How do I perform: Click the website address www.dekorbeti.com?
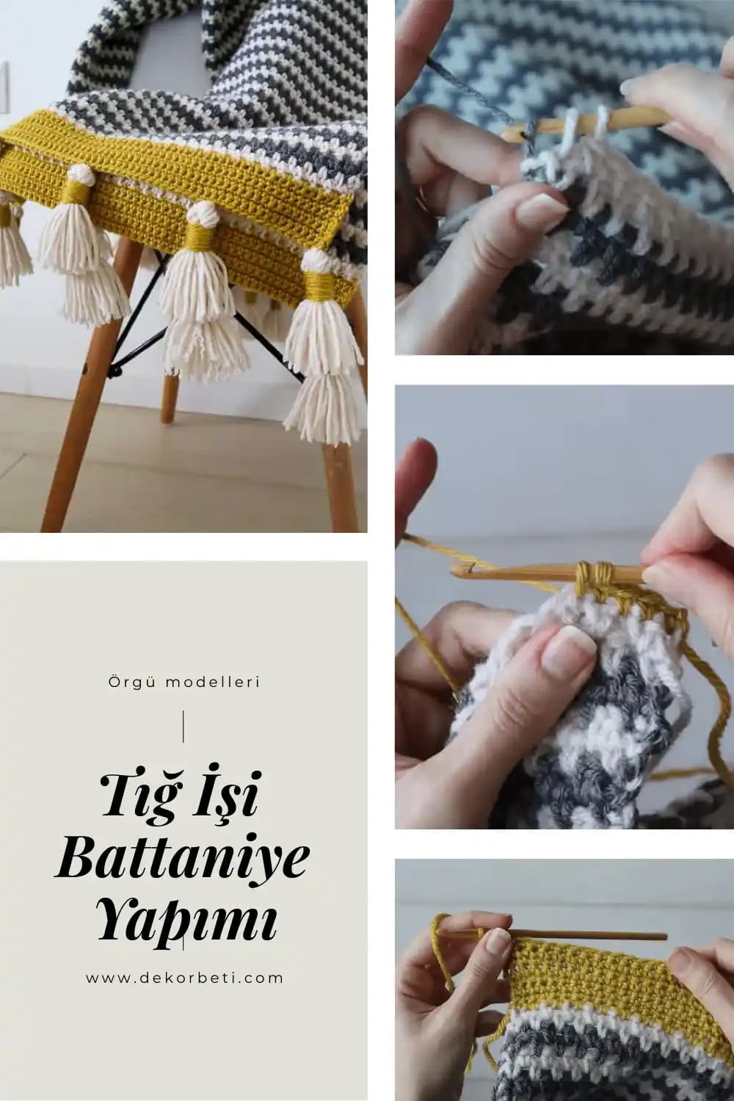[x=184, y=978]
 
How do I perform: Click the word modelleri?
[x=214, y=682]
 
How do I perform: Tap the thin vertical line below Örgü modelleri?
[x=183, y=726]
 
